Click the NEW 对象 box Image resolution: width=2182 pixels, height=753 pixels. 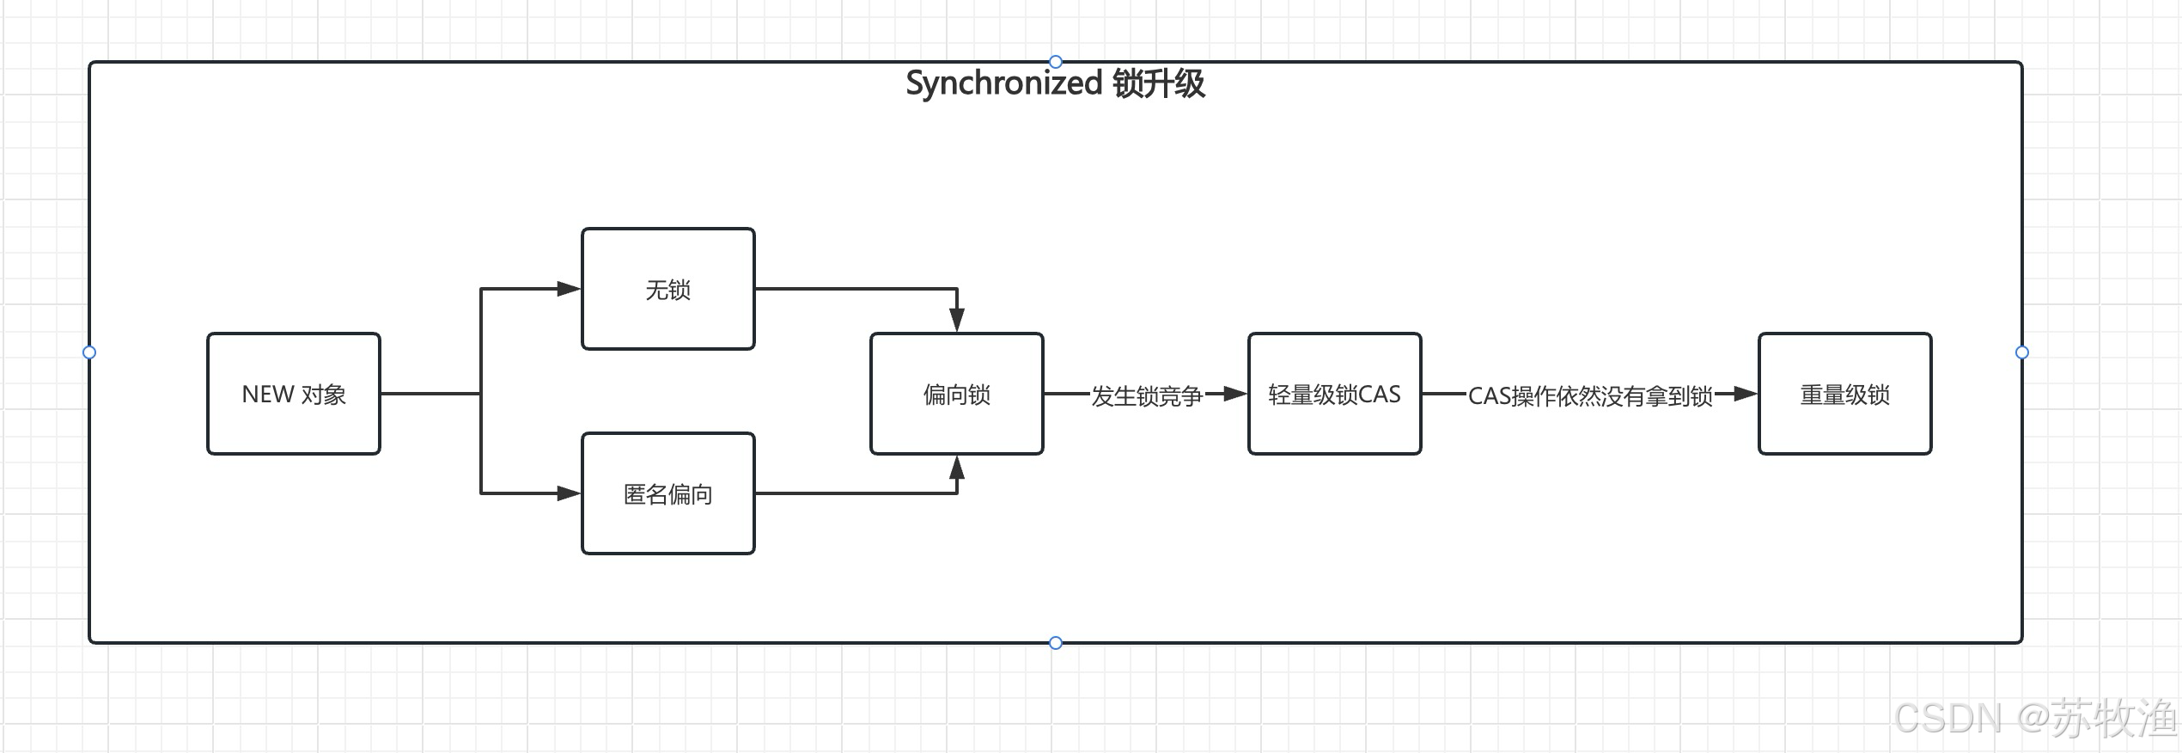click(x=293, y=394)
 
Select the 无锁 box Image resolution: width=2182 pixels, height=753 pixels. click(x=667, y=289)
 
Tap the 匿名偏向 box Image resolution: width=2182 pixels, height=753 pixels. click(x=667, y=493)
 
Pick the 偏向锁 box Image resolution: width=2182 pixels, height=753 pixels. click(x=956, y=394)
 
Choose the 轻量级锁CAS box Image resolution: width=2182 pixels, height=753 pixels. click(x=1334, y=394)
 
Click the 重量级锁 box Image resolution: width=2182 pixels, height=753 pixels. click(x=1844, y=394)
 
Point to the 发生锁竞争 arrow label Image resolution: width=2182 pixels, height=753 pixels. click(x=1146, y=395)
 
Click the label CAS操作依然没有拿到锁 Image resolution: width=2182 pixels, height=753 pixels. click(x=1590, y=395)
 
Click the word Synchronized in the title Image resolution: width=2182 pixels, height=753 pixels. click(x=1003, y=83)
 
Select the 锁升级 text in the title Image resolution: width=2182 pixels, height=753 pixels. click(x=1159, y=83)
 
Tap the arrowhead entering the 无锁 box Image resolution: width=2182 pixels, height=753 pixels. click(x=570, y=289)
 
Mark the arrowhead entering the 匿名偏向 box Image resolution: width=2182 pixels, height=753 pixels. click(x=570, y=493)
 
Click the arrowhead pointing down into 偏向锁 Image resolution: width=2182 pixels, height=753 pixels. click(x=956, y=320)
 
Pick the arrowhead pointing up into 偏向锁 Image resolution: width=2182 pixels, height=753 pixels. click(x=956, y=468)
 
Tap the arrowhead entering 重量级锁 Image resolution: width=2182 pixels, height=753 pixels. click(x=1745, y=394)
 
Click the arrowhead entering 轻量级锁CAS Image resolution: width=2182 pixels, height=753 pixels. click(x=1234, y=394)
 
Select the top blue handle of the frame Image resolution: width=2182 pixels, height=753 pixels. click(x=1056, y=62)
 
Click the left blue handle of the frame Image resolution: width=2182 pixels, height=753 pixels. click(x=89, y=352)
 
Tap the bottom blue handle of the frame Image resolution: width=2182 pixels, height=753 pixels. click(x=1056, y=643)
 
